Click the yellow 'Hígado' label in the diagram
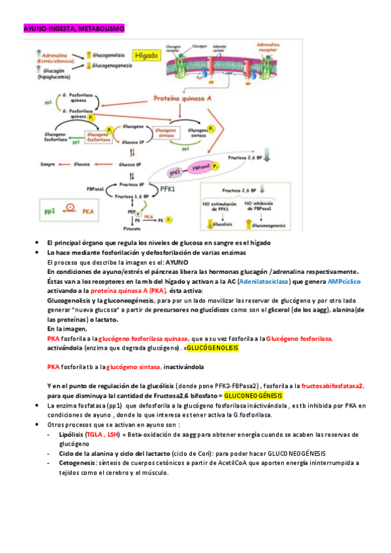point(146,56)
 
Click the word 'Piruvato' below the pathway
point(132,229)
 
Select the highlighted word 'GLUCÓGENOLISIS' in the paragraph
point(213,348)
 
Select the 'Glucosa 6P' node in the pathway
point(131,164)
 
